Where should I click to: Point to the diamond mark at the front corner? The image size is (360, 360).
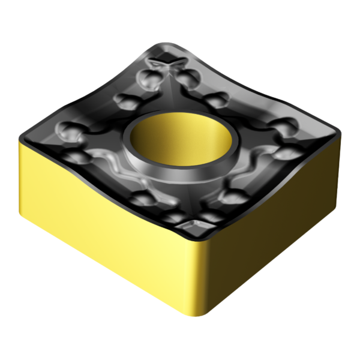click(196, 227)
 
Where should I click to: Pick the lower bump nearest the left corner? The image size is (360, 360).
click(79, 157)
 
